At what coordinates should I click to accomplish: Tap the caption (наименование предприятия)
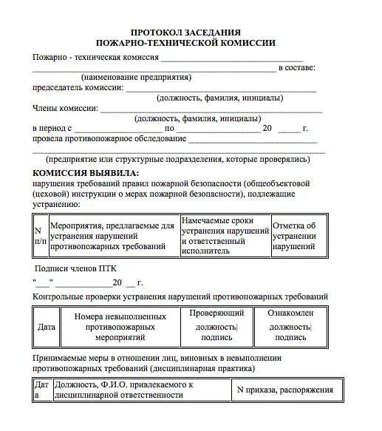click(136, 77)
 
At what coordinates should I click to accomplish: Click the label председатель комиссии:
click(78, 87)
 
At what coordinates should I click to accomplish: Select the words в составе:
click(296, 67)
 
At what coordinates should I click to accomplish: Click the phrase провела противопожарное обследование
click(109, 138)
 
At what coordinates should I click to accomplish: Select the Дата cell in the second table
click(46, 325)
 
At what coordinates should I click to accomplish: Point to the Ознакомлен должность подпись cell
click(290, 325)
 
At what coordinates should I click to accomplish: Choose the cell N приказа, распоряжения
click(284, 390)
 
